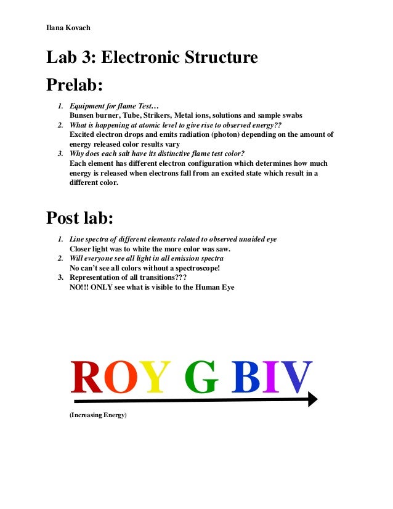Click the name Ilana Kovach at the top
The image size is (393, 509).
(68, 28)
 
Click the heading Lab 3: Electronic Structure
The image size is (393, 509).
(152, 58)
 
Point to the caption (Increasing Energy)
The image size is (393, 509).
(97, 416)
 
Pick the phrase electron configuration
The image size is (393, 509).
(198, 163)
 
